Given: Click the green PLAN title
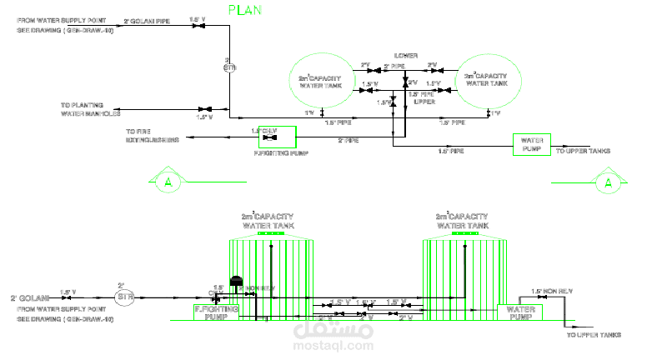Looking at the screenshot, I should click(243, 10).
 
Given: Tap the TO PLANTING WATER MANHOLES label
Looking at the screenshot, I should click(91, 108).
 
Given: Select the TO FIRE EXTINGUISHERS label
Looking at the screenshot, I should click(153, 136).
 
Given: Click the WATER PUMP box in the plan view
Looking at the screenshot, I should click(532, 145).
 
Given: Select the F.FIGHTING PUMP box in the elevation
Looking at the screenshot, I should click(216, 312).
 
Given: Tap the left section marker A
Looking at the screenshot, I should click(168, 181).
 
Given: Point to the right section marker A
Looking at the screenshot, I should click(608, 181).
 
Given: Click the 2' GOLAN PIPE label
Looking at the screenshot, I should click(147, 19).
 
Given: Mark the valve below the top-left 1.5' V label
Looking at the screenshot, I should click(198, 25).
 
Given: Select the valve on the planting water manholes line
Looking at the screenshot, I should click(204, 108).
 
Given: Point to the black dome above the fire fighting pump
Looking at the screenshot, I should click(235, 282).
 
